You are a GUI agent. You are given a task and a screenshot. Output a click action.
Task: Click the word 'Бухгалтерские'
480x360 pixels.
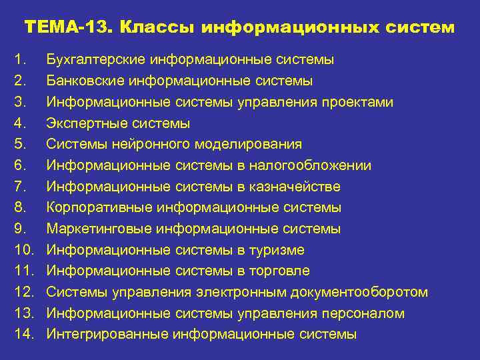click(x=95, y=60)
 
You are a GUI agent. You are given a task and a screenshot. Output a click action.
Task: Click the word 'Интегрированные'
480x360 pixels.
click(x=106, y=335)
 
